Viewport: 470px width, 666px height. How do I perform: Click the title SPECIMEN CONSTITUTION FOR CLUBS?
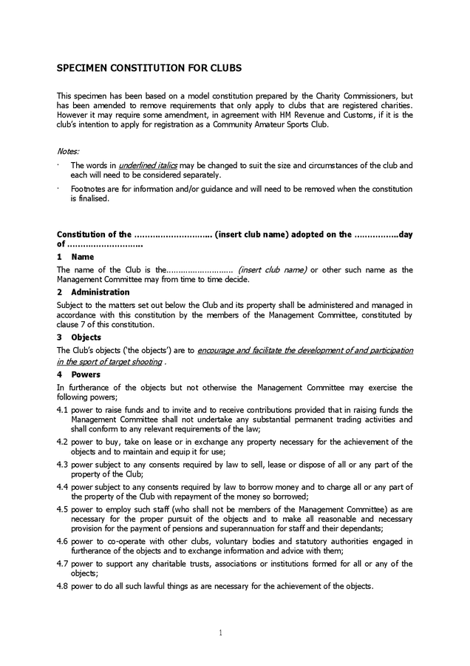coord(149,67)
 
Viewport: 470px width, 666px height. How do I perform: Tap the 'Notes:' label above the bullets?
coord(68,151)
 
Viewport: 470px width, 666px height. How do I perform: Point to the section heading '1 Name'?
coord(75,256)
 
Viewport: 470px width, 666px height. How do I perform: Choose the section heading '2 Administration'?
coord(93,292)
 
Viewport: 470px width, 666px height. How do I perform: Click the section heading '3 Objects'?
coord(79,337)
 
